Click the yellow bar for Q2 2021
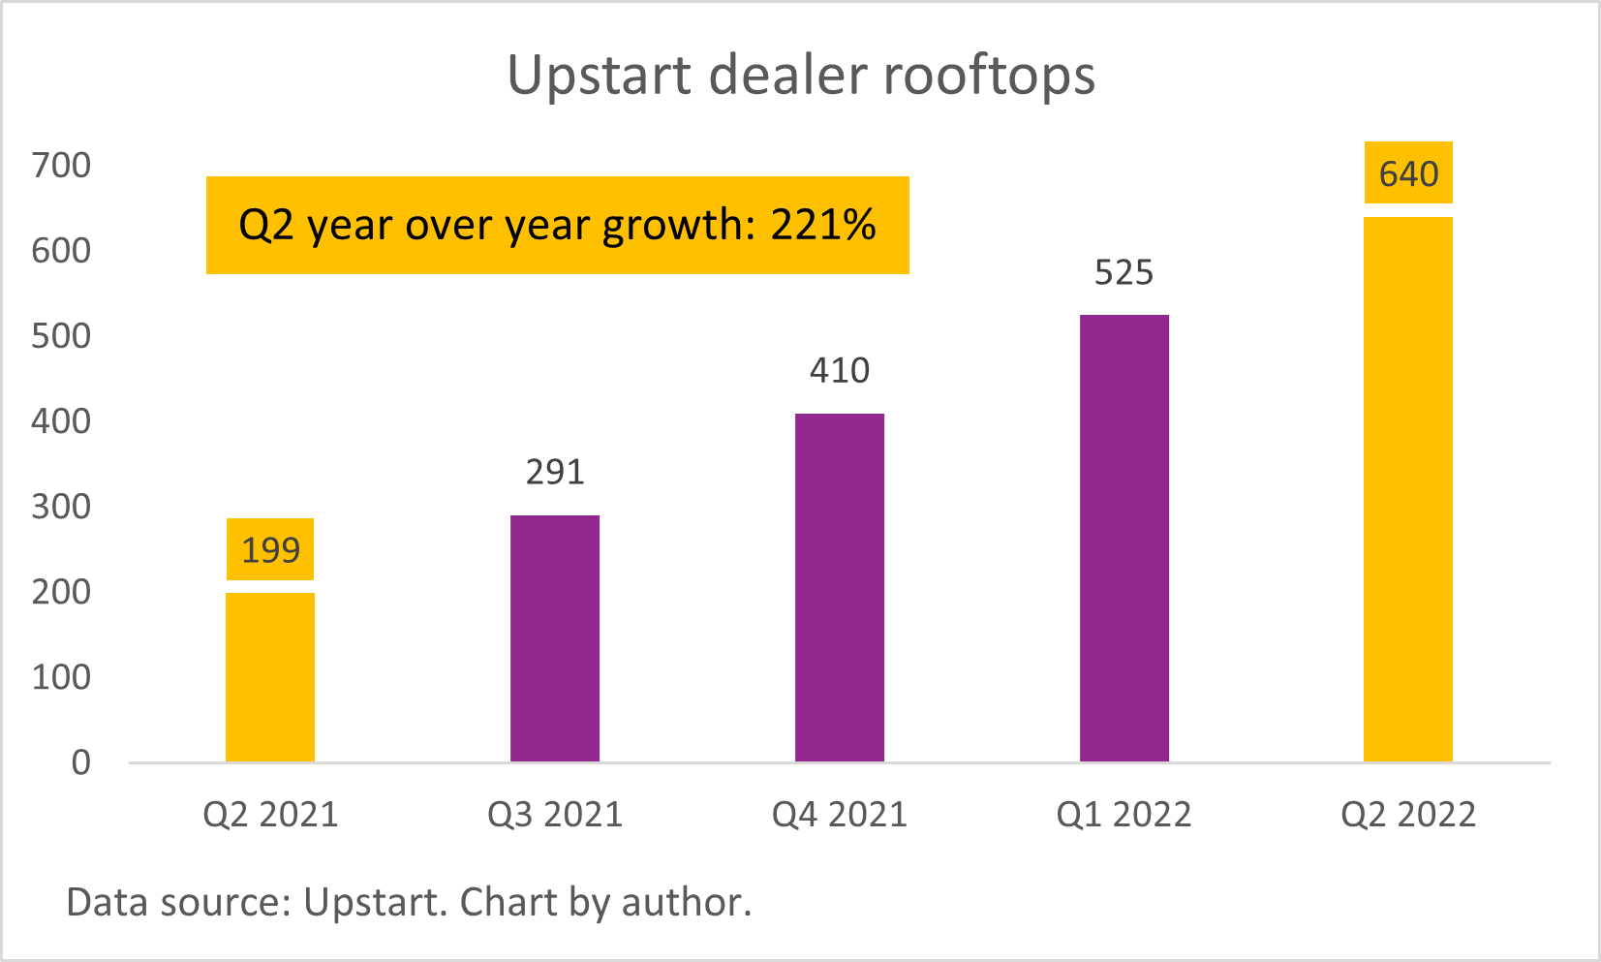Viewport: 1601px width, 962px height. (270, 677)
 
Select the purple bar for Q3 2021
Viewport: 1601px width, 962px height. (555, 638)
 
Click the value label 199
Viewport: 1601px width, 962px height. (270, 550)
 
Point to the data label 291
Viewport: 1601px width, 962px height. (555, 472)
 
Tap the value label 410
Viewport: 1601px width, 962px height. (840, 370)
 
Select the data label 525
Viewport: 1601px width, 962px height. (1124, 272)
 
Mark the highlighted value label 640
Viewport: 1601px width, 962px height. (1408, 173)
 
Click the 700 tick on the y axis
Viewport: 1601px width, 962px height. (61, 166)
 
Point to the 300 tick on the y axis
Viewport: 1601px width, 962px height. (61, 507)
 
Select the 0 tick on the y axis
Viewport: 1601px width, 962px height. (81, 762)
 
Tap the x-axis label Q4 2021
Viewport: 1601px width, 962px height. (840, 815)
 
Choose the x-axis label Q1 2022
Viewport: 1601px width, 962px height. (1124, 815)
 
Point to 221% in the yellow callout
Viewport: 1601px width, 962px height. (823, 225)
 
